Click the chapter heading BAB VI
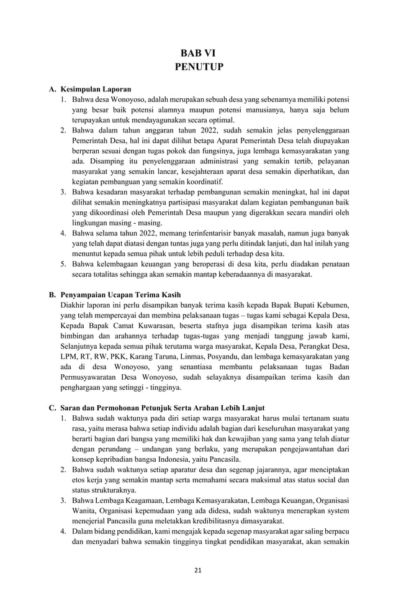(197, 53)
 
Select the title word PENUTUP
(197, 67)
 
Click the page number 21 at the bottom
(198, 570)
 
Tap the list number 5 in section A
(63, 264)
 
